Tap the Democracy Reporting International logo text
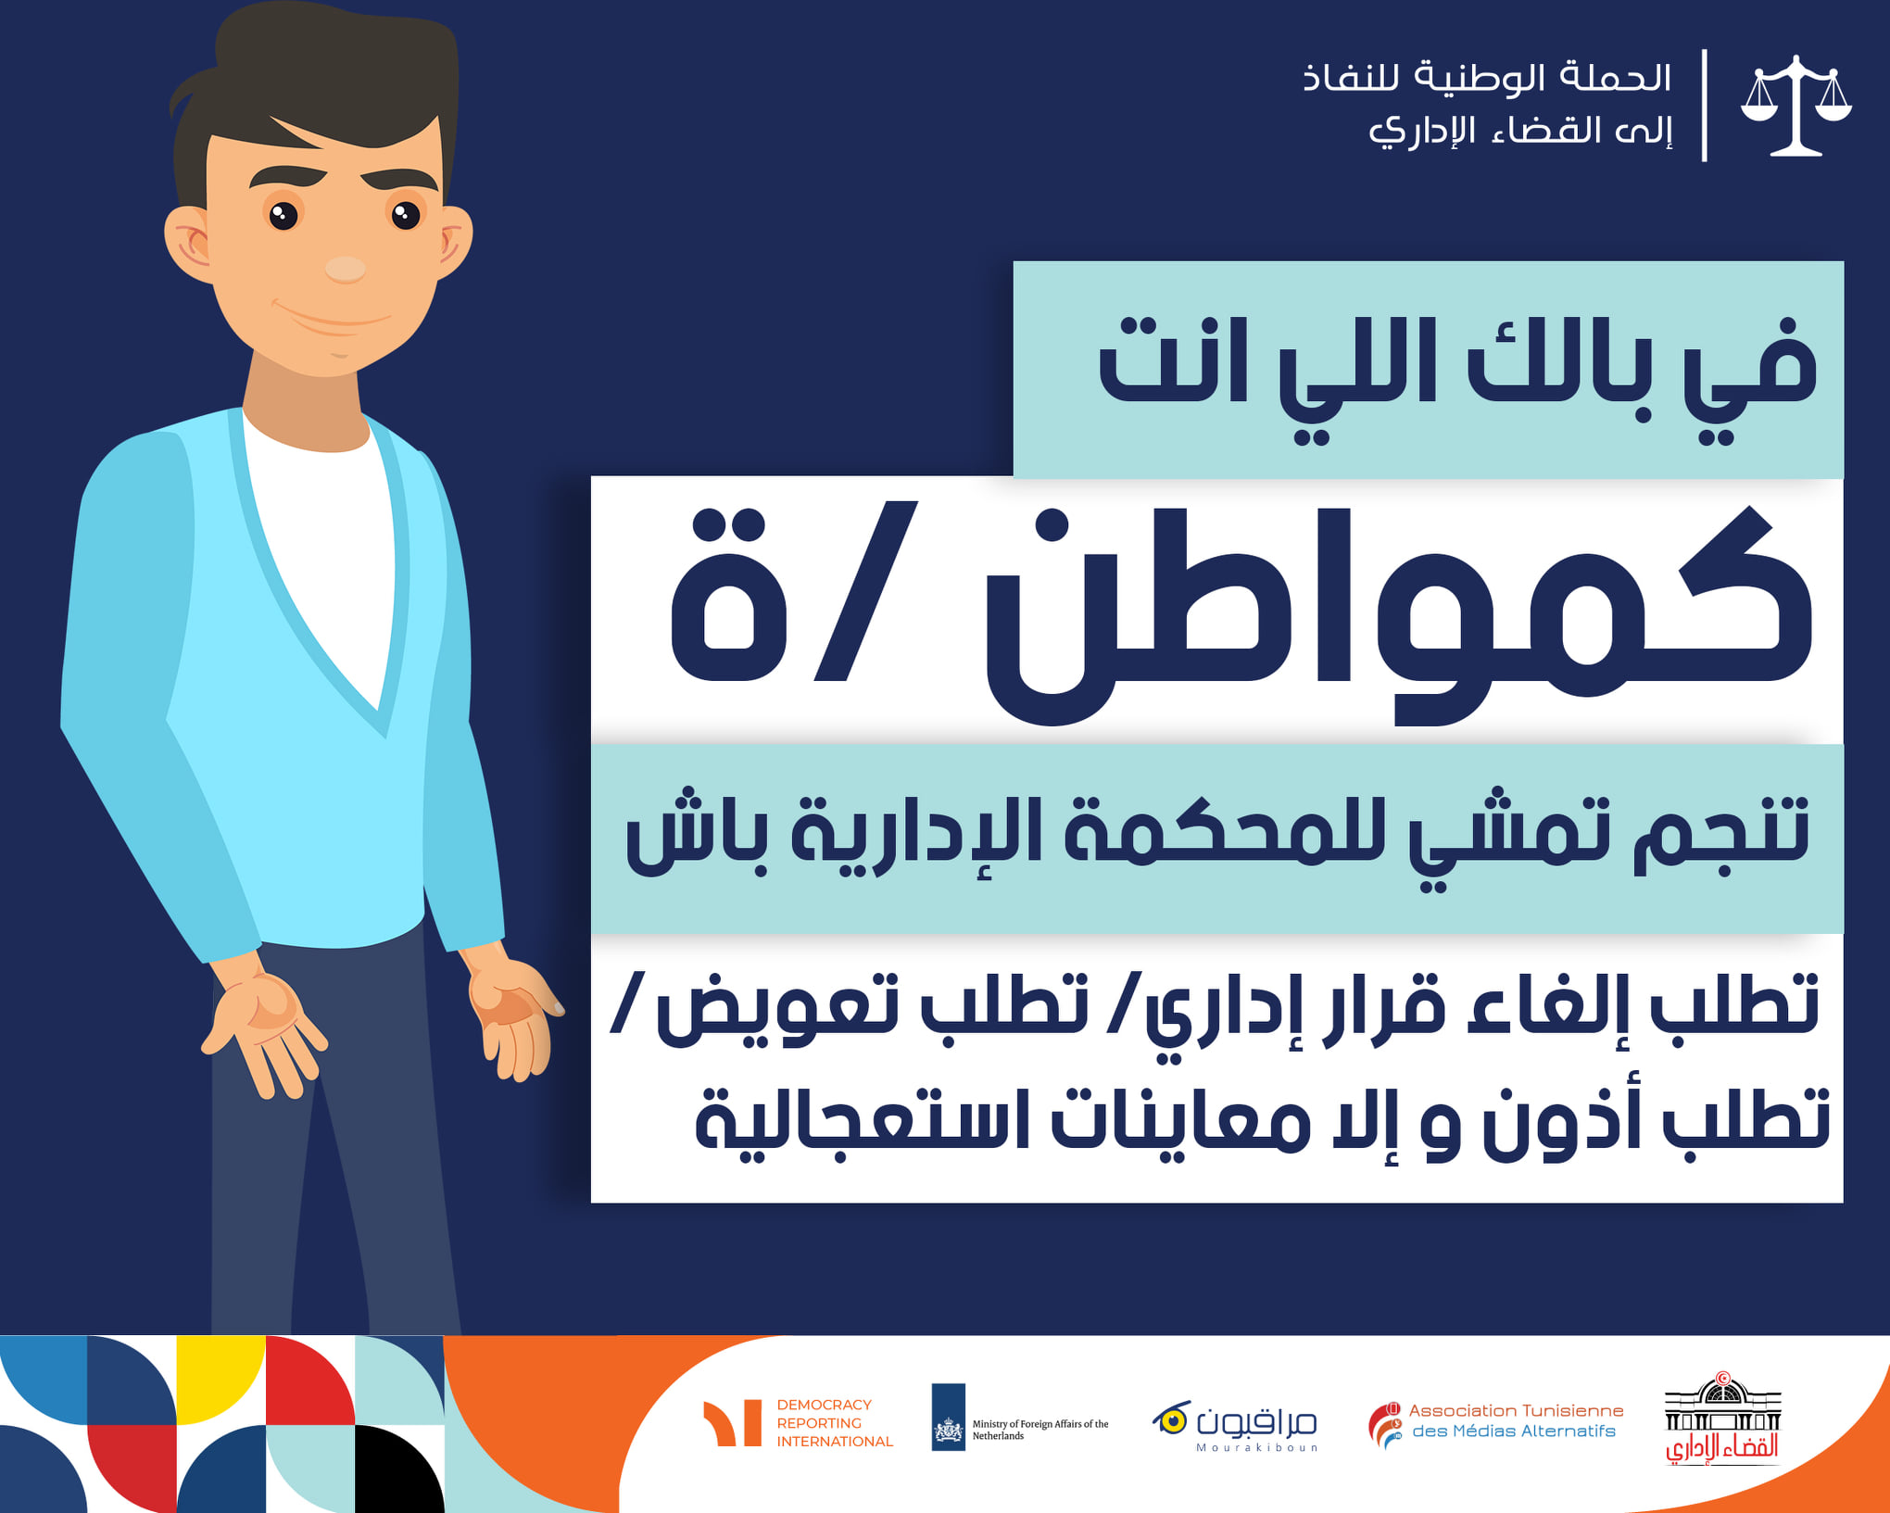(x=835, y=1423)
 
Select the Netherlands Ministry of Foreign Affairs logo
(x=1020, y=1418)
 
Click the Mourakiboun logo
(x=1235, y=1425)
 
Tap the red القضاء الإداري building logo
(x=1722, y=1418)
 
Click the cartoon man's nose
(x=345, y=269)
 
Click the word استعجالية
(x=863, y=1122)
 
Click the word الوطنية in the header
(x=1473, y=77)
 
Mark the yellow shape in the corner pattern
(x=220, y=1380)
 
